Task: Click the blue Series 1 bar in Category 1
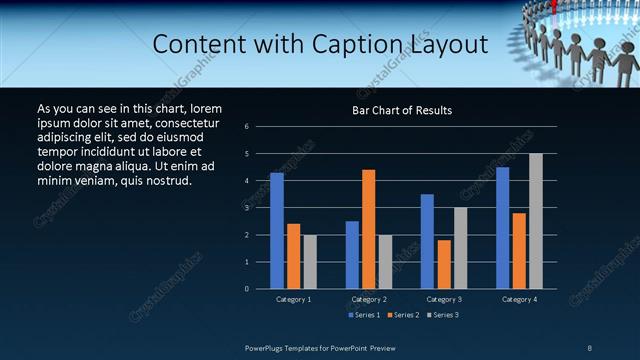[277, 231]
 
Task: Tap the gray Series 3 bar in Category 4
[535, 221]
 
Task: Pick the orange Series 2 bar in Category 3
[443, 264]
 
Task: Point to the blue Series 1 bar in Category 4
[502, 228]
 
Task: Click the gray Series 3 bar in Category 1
[310, 262]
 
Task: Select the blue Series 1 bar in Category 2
[352, 255]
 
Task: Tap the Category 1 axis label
[293, 299]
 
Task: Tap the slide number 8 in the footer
[590, 347]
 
